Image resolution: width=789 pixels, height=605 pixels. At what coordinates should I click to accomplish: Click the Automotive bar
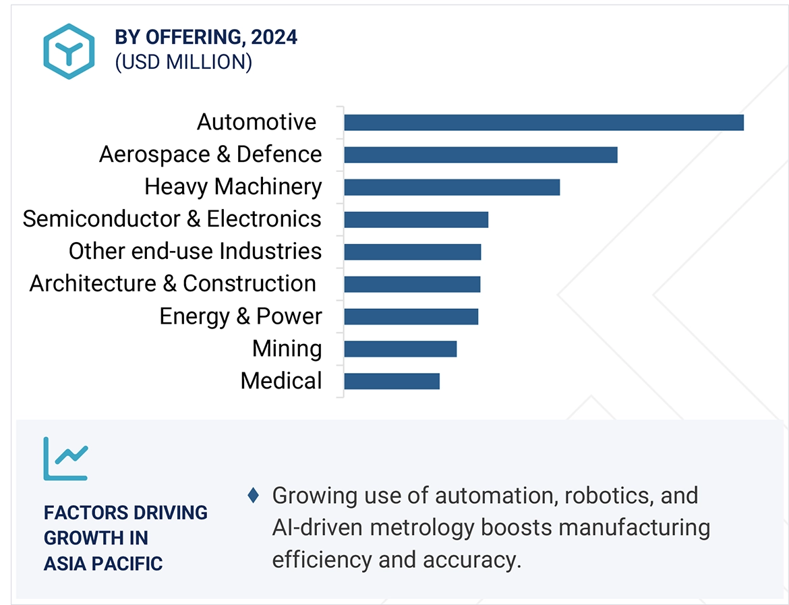544,122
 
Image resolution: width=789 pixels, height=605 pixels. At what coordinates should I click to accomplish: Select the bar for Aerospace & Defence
480,154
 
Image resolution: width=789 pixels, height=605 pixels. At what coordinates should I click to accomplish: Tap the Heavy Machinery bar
452,187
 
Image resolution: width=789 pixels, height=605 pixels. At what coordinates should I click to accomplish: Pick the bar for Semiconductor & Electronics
415,219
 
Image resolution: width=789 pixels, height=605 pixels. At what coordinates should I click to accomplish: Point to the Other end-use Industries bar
412,252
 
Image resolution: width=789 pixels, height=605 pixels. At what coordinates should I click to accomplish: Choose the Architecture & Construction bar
412,284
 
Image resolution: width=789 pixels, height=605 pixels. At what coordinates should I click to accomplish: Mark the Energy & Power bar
411,316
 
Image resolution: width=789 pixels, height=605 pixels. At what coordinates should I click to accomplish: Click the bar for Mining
400,349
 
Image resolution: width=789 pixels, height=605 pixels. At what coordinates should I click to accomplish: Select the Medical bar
391,381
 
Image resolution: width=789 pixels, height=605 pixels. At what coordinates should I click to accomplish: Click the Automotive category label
256,122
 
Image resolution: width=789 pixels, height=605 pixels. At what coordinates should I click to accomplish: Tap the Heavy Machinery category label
233,187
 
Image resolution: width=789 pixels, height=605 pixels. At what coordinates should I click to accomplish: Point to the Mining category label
287,349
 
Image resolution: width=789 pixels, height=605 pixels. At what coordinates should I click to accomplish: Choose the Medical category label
281,381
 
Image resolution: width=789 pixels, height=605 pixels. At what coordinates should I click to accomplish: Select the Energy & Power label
241,316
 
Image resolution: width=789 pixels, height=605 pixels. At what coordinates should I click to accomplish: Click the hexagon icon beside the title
68,51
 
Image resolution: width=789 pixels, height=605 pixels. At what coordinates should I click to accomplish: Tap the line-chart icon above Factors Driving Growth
65,459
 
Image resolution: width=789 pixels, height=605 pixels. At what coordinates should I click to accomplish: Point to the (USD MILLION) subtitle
183,62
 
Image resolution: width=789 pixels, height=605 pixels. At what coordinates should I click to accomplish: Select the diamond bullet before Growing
254,496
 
